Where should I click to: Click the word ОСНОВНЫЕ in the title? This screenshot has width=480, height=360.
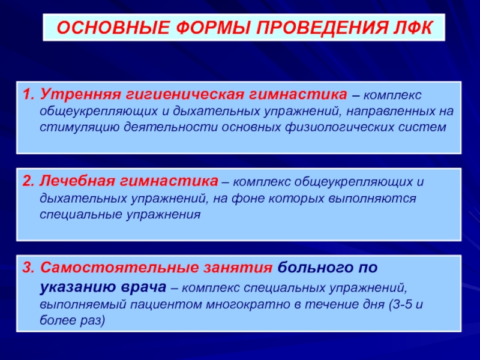click(113, 28)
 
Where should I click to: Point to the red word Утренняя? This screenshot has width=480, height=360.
click(80, 95)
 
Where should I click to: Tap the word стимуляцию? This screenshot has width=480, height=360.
click(79, 127)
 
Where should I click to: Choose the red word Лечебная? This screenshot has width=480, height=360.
click(77, 181)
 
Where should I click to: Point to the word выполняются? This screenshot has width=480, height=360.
click(372, 199)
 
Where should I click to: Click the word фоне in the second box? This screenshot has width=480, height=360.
click(248, 199)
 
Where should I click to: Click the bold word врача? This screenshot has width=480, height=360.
click(143, 287)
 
